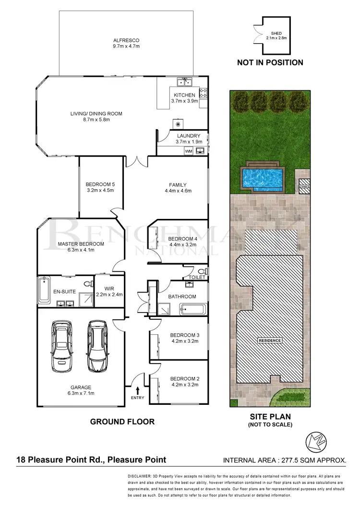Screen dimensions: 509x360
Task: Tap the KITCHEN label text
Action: (184, 95)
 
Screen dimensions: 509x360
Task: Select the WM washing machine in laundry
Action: (189, 151)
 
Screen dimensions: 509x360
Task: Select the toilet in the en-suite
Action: (86, 284)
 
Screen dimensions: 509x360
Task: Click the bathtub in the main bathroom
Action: (192, 309)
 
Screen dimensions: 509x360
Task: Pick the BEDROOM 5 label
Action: (100, 184)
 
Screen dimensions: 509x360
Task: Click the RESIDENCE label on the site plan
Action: (269, 340)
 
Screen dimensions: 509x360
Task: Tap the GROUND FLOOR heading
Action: (122, 422)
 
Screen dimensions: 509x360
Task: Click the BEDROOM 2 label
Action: (184, 378)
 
